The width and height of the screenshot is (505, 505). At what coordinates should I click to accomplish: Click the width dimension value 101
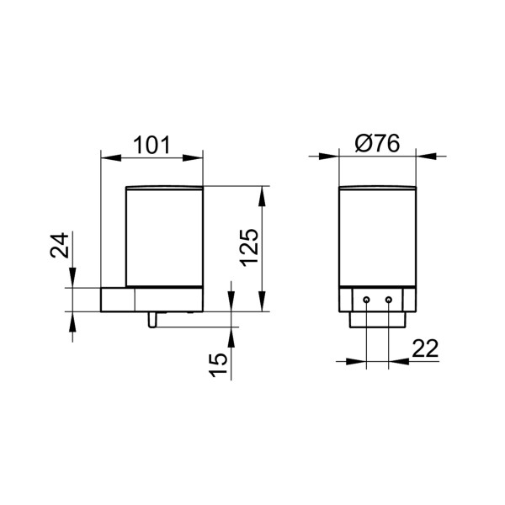(x=151, y=145)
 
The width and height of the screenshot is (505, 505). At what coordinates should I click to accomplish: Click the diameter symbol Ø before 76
(x=364, y=145)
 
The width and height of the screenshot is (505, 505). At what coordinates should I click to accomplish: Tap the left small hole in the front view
(x=368, y=299)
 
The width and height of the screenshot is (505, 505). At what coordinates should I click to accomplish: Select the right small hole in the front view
(x=388, y=299)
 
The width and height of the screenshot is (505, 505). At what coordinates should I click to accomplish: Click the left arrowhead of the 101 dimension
(x=106, y=156)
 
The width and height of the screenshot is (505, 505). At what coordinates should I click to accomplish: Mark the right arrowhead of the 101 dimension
(x=197, y=156)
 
